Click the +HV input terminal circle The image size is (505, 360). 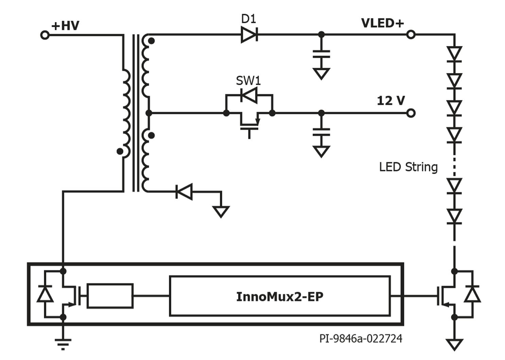[45, 35]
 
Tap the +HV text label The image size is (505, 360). [65, 26]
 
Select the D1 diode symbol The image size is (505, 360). [249, 34]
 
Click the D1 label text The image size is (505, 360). [248, 19]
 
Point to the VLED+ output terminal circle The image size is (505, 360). [411, 34]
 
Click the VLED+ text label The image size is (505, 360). [382, 23]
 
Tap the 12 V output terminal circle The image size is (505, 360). [411, 113]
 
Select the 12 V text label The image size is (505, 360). [391, 101]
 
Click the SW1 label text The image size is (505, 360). [248, 81]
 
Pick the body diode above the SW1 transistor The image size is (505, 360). [249, 95]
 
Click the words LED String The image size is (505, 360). [408, 167]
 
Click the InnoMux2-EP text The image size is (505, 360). [279, 296]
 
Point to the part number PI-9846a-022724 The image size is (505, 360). [361, 339]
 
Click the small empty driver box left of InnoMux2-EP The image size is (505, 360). [110, 296]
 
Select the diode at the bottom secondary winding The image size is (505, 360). [184, 191]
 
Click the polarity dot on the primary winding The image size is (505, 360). [120, 151]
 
